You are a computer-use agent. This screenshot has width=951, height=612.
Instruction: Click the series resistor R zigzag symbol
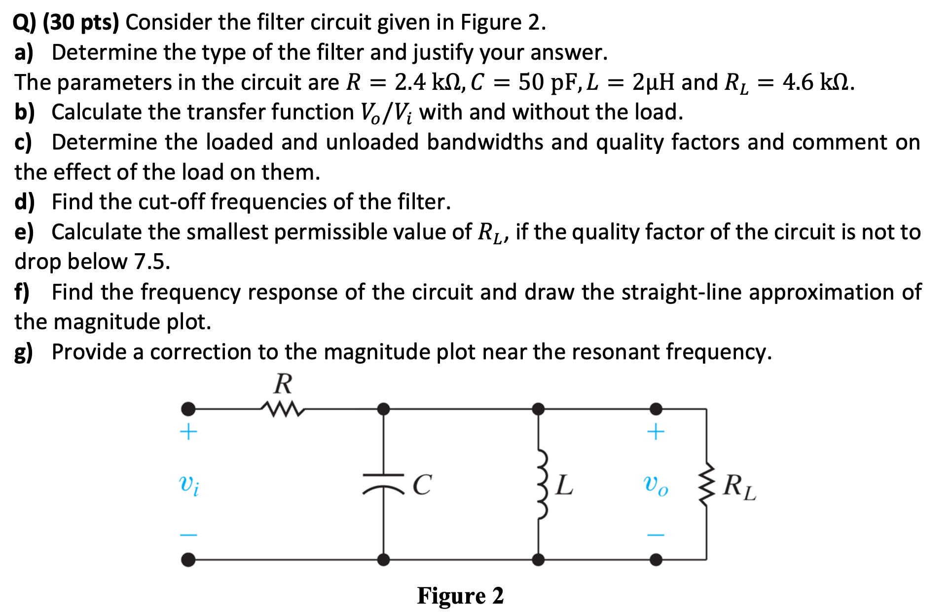pyautogui.click(x=283, y=409)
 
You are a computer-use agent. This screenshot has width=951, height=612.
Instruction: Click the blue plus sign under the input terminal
pyautogui.click(x=188, y=432)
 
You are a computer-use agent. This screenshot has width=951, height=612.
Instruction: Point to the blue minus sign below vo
pyautogui.click(x=656, y=535)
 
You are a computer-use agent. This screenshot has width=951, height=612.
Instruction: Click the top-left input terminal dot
pyautogui.click(x=188, y=409)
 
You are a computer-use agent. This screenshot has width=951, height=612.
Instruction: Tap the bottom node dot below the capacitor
pyautogui.click(x=384, y=559)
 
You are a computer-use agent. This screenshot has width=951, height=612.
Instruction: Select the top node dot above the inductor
pyautogui.click(x=539, y=409)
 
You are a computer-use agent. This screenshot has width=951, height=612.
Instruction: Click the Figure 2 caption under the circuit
pyautogui.click(x=460, y=595)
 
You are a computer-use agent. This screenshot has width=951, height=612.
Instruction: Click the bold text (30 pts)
pyautogui.click(x=81, y=23)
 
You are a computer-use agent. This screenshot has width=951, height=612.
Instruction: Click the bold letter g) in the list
pyautogui.click(x=24, y=352)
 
